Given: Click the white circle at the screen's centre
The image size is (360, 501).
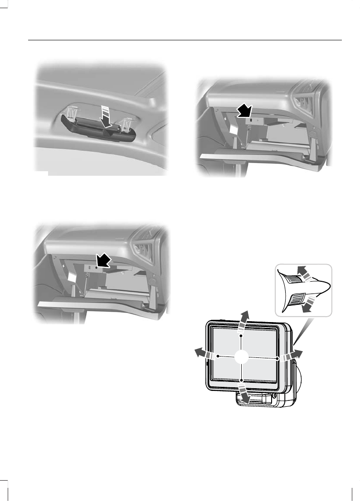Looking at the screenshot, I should coord(242,357).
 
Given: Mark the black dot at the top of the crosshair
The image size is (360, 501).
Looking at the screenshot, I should coord(242,336).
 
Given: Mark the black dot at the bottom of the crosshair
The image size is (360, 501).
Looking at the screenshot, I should coord(242,380).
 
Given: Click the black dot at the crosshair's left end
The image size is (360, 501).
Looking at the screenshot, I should coord(218,356).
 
